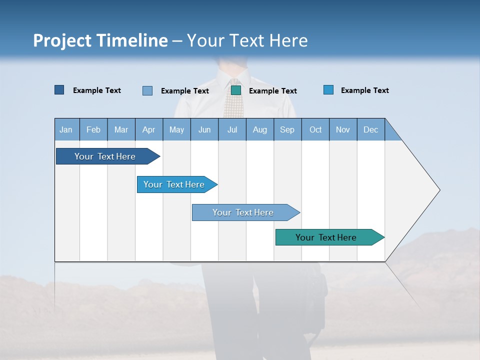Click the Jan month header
coord(66,129)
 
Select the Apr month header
coord(148,129)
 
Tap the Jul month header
coord(232,129)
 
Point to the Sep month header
coord(287,129)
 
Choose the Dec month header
coord(370,129)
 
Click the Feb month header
coord(93,129)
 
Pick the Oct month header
coord(315,129)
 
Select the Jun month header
coord(204,129)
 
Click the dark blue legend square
coord(59,90)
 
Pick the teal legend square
coord(236,90)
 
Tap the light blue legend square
coord(147,90)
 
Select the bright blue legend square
coord(328,90)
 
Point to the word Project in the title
coord(62,40)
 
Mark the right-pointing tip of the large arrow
coord(438,190)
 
